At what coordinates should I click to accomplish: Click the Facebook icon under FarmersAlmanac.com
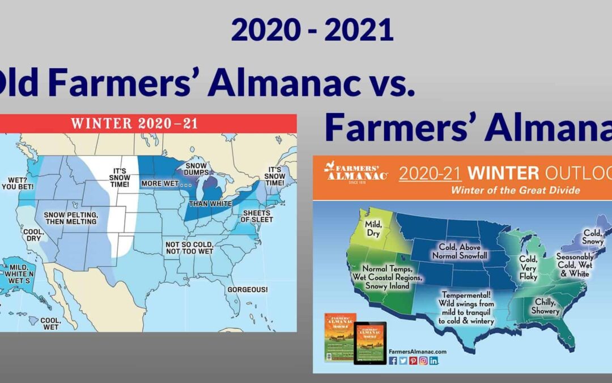393,360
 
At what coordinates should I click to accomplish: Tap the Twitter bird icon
403,360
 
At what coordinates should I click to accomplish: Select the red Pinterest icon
413,360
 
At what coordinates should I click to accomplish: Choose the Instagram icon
423,360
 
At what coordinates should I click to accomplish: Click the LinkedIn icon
433,360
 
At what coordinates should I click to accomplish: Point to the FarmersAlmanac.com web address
414,351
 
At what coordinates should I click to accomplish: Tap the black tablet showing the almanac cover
369,343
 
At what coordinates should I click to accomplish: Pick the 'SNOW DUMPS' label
196,169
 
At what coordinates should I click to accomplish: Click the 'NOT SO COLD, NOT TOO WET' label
189,247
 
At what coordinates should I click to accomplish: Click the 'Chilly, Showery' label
545,307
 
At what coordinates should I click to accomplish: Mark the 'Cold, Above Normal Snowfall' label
464,251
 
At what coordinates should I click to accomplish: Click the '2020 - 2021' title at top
312,31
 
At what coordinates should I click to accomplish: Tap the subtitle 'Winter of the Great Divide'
515,190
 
